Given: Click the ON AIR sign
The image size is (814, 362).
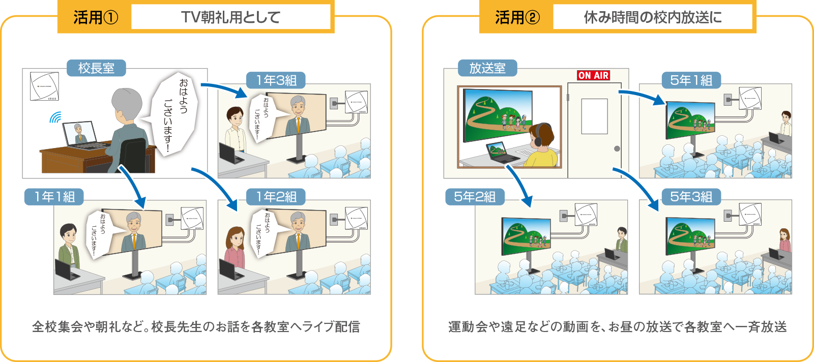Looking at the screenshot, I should (593, 75).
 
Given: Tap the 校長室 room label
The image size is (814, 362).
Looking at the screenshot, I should (96, 68).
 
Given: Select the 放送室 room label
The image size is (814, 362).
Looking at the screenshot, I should (487, 68).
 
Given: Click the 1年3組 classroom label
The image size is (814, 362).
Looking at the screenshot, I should (276, 80).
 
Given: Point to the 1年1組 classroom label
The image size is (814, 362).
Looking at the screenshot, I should (54, 197).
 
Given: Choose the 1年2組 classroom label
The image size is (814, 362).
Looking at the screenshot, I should (276, 197).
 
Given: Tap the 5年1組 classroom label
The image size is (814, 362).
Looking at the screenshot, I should (691, 80).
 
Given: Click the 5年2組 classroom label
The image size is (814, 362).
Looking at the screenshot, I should (475, 197).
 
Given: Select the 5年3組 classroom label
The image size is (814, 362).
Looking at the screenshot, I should (691, 197).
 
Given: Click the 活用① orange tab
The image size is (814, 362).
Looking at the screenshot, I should (95, 18).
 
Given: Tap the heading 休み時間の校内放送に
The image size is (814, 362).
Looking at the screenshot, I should (653, 18).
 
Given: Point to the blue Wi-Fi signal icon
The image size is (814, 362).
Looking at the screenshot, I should (55, 118).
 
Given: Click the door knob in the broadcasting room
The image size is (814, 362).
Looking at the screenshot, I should (617, 149).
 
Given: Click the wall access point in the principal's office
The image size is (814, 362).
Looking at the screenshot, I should (44, 86).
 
